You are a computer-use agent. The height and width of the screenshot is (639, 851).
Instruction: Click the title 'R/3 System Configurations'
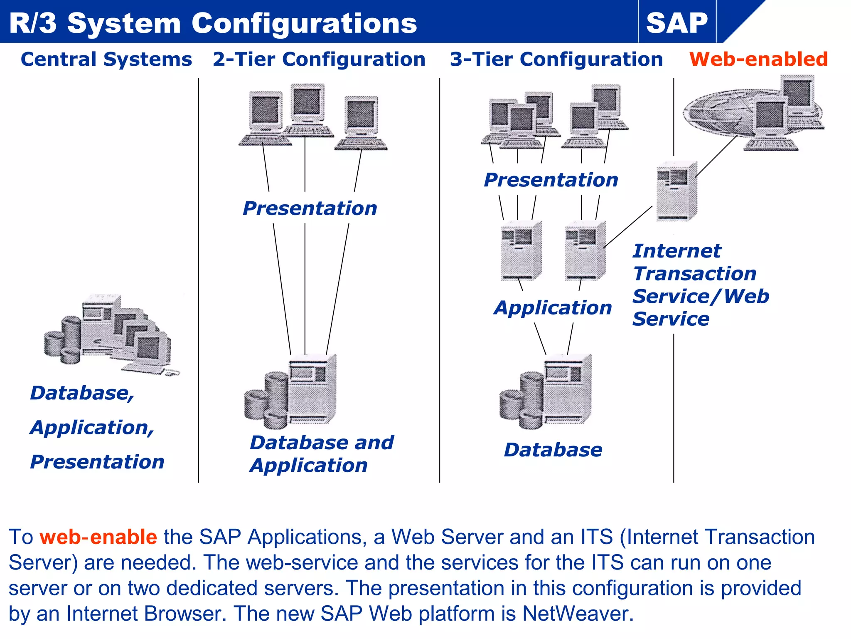[213, 23]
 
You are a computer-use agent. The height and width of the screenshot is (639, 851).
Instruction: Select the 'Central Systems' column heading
[106, 59]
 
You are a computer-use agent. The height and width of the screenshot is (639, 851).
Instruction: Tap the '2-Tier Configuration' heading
[319, 59]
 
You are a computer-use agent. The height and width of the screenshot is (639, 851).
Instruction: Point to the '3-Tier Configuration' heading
[556, 59]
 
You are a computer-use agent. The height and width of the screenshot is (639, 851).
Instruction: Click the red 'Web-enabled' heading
[758, 59]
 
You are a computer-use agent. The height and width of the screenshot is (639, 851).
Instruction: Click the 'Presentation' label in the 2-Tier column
[310, 208]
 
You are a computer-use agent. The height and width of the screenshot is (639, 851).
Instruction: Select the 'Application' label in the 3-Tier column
[553, 308]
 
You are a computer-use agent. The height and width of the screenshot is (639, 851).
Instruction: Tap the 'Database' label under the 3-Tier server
[553, 450]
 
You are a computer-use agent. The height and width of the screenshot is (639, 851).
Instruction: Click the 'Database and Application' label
[321, 453]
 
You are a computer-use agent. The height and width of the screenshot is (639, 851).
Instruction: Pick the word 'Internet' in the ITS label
[676, 251]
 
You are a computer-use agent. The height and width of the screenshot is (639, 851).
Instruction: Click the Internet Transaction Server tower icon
[676, 191]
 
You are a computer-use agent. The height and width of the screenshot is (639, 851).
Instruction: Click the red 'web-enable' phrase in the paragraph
[98, 537]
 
